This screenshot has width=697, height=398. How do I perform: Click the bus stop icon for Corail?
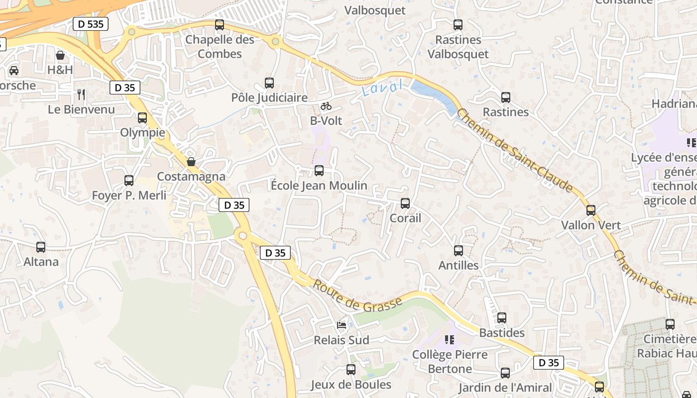405,203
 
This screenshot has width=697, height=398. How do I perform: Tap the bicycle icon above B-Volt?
326,106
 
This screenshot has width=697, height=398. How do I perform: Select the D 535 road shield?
90,23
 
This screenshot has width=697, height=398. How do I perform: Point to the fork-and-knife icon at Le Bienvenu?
81,94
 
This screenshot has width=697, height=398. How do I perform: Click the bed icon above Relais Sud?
342,325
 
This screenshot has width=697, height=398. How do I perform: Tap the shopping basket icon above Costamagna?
191,162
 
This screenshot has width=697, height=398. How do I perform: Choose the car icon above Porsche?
14,70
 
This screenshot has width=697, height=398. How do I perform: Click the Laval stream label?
382,88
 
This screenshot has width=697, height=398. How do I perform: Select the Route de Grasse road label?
357,297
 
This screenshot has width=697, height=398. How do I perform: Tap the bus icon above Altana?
41,247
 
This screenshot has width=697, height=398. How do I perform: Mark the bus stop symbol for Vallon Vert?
591,210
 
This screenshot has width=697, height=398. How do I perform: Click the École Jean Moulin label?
319,186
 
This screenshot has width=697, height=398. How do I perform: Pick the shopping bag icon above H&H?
60,55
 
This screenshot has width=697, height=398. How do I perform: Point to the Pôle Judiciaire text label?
269,98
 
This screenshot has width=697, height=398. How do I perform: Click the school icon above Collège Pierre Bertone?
450,340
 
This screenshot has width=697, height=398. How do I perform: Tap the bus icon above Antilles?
459,251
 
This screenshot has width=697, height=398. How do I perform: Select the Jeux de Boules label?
351,385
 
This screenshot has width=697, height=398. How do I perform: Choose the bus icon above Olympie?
142,118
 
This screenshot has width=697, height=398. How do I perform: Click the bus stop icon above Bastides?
502,318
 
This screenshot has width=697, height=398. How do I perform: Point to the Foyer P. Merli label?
129,195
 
